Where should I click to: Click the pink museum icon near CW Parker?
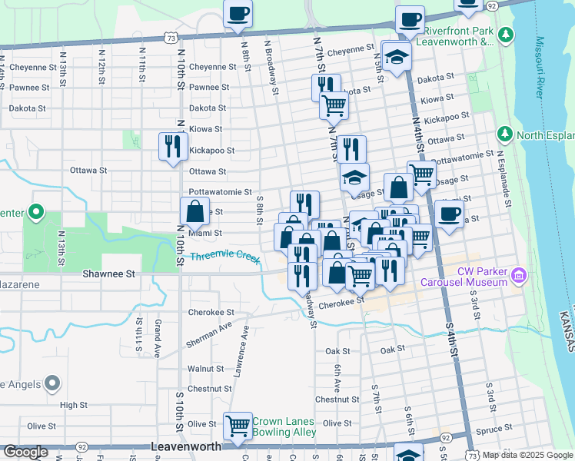coord(519,275)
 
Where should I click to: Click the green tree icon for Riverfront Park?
coord(505,35)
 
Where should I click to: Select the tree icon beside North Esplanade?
coord(504,135)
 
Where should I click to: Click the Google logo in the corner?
coord(26,452)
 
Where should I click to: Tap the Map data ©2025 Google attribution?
coord(527,455)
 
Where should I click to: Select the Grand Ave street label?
coord(157,339)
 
